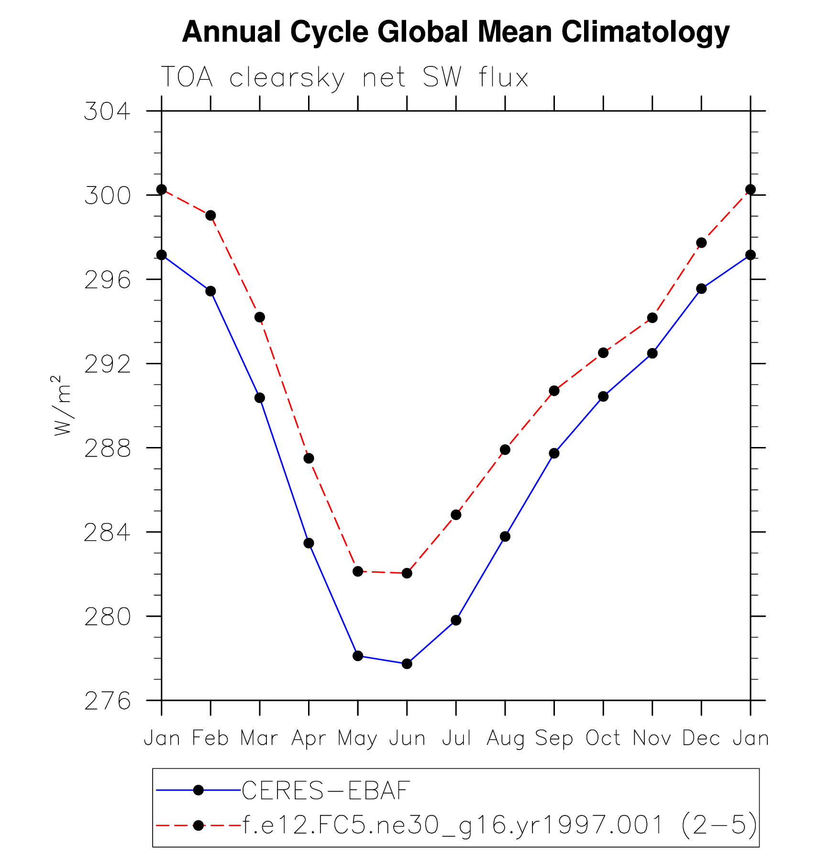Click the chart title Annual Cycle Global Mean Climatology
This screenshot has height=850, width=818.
(x=455, y=32)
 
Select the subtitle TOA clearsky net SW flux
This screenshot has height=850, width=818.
(x=344, y=77)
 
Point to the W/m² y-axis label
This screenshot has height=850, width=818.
(x=63, y=405)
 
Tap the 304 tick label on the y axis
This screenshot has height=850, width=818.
(x=107, y=111)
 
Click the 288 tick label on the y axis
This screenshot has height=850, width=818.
(x=107, y=448)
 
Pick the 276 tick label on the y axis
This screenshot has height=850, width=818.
(x=107, y=701)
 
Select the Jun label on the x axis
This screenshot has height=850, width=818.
(x=407, y=739)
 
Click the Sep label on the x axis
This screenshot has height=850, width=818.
(x=554, y=739)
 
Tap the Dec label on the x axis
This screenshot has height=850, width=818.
(x=701, y=739)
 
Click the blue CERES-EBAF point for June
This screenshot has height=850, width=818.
(x=407, y=664)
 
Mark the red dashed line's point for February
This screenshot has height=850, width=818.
(x=210, y=216)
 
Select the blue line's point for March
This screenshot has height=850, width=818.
(x=260, y=398)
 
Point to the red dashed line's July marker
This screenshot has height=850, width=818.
(x=456, y=515)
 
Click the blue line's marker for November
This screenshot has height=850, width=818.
(x=652, y=353)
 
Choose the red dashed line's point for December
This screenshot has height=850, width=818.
(x=701, y=243)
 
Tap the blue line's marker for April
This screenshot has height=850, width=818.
(x=309, y=543)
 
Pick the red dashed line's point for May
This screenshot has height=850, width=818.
(x=358, y=571)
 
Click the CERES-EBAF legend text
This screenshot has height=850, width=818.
(x=326, y=791)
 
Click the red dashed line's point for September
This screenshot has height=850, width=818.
(x=554, y=391)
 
